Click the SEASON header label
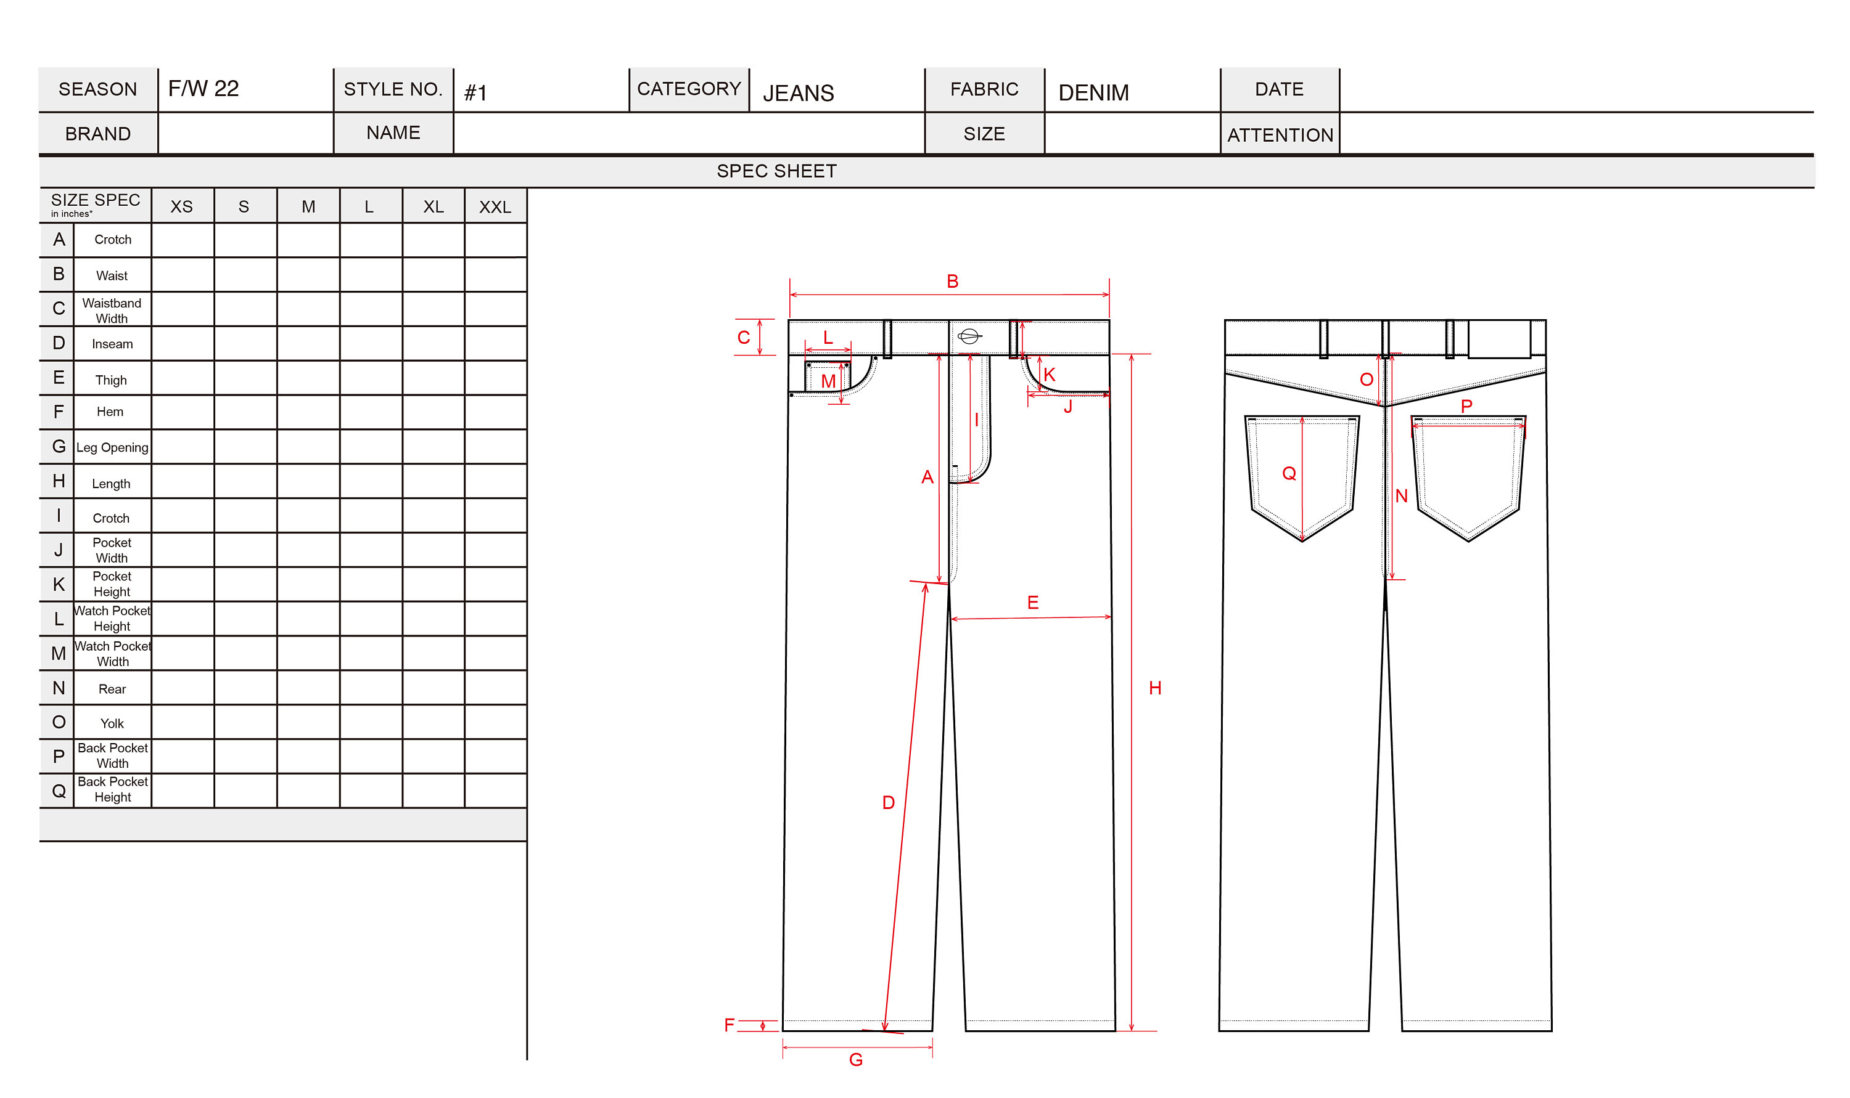pos(97,89)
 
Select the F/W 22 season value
pos(203,89)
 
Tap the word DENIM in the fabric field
pos(1093,92)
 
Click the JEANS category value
pos(797,93)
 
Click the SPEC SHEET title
pos(776,171)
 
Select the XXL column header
pos(495,207)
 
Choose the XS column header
pos(181,207)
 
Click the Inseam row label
pos(112,344)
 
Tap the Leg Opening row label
pos(112,447)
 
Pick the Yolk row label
pos(112,723)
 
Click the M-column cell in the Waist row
pos(308,275)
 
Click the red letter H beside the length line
pos(1154,688)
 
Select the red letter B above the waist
pos(952,281)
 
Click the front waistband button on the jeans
pos(968,336)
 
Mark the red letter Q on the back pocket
pos(1288,474)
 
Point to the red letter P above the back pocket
pos(1465,405)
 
